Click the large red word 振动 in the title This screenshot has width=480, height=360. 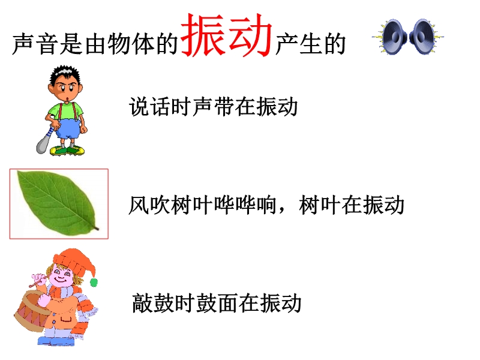227,35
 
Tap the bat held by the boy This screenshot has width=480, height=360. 46,140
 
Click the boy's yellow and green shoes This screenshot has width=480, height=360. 67,150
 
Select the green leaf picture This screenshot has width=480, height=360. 58,203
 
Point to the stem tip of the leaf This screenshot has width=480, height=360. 98,229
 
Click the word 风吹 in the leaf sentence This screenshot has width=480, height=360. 149,205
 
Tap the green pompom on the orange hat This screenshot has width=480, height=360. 94,282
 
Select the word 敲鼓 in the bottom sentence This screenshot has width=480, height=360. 153,303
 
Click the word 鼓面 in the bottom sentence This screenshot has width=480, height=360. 217,303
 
